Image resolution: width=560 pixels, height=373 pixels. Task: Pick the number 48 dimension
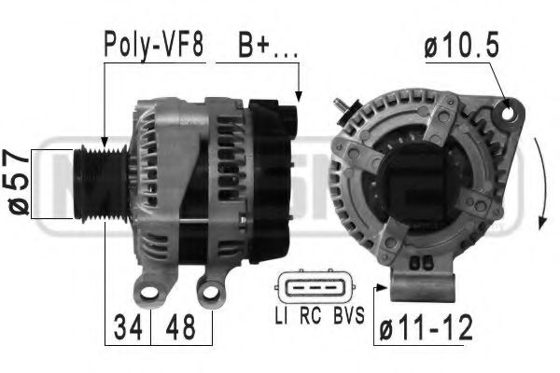[x=184, y=328]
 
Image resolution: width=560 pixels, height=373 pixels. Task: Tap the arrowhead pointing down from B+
[x=298, y=95]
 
